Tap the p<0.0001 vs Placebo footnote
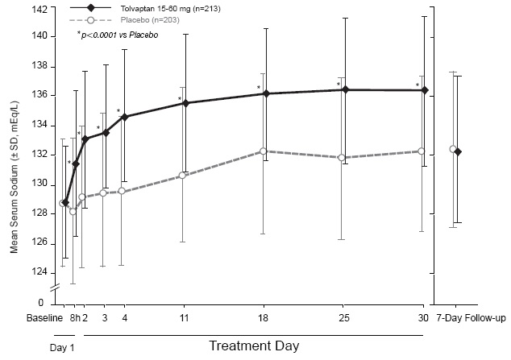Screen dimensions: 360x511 point(120,37)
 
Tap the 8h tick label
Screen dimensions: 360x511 point(74,318)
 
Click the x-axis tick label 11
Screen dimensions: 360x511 point(185,318)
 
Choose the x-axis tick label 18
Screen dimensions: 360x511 point(266,318)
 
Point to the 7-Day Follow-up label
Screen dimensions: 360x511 point(471,318)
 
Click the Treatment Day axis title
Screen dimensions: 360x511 point(254,346)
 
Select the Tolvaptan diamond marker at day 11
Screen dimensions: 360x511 point(185,103)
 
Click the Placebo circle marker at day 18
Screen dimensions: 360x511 point(266,151)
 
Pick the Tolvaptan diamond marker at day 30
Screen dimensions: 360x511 point(425,90)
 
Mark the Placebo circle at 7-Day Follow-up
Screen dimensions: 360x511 point(452,149)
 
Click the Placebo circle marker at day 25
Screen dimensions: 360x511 point(345,157)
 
